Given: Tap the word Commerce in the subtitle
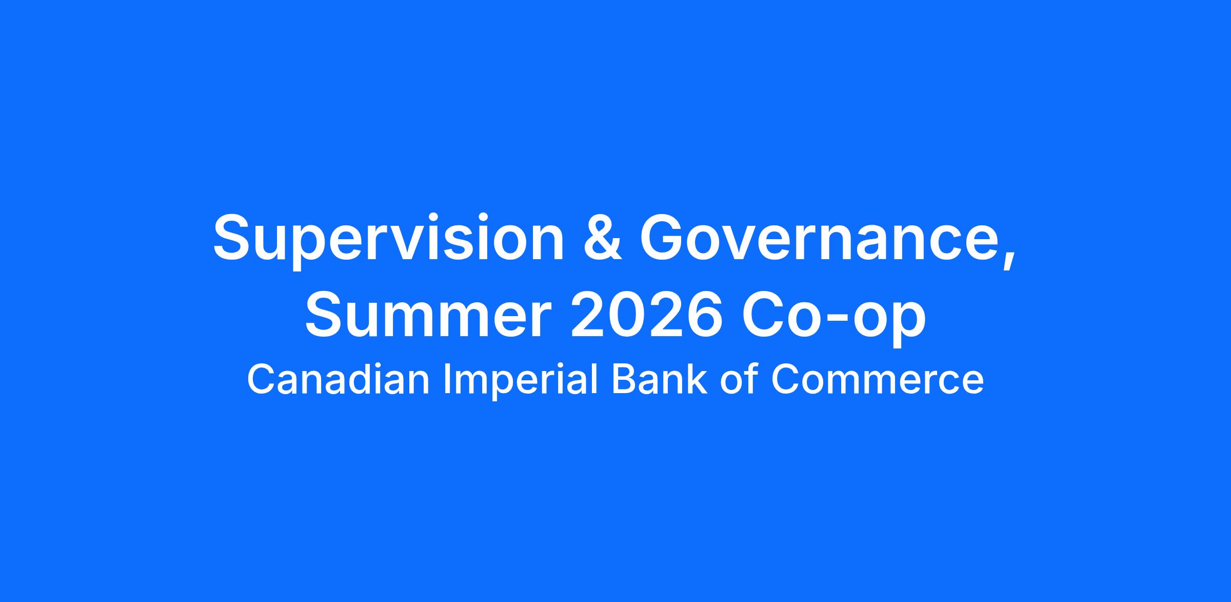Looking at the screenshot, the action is tap(878, 379).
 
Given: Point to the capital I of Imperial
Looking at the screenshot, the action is tap(446, 379).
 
